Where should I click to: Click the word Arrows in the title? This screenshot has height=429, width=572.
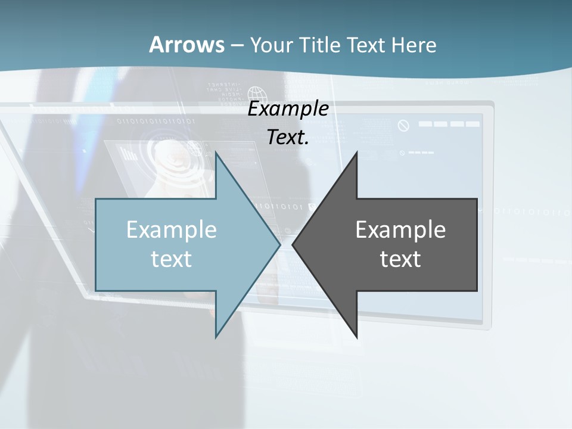(186, 45)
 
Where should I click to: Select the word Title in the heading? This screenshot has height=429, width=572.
(321, 45)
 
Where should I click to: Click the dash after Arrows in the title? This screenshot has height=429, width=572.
(237, 46)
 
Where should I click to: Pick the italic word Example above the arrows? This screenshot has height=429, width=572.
(288, 109)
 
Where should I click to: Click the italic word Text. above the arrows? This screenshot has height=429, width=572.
(288, 138)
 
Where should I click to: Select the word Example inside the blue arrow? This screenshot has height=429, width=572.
(172, 230)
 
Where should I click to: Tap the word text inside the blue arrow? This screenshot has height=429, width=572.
(172, 259)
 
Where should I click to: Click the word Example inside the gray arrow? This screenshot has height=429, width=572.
(400, 230)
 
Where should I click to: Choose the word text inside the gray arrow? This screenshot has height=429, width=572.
(400, 259)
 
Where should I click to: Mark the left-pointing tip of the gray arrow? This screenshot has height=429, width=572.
(293, 244)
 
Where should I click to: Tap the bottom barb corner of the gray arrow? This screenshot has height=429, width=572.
(356, 337)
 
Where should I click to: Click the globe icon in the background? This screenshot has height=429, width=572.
(257, 95)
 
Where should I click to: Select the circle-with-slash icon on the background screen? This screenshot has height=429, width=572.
(404, 126)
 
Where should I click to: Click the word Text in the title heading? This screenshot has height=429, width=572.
(366, 45)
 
